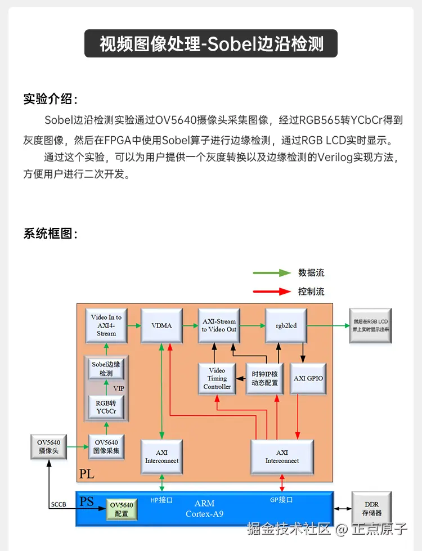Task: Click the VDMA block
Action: (x=161, y=325)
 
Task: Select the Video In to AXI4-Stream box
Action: (x=106, y=325)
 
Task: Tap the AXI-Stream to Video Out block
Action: (x=219, y=325)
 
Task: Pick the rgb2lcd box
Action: (x=286, y=325)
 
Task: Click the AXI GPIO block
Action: (x=308, y=378)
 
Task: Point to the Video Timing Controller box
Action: (x=217, y=378)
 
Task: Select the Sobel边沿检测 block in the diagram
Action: (x=106, y=369)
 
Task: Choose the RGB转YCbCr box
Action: (x=106, y=407)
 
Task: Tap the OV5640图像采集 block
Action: (x=106, y=447)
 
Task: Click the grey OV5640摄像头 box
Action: (x=49, y=447)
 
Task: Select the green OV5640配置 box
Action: (x=122, y=509)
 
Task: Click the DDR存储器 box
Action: (x=372, y=509)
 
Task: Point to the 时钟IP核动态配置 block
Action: (x=265, y=378)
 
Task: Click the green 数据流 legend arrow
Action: (x=271, y=273)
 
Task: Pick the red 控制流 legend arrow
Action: (x=271, y=292)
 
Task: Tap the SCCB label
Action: (x=58, y=504)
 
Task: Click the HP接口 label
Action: (x=161, y=500)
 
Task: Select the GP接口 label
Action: (x=282, y=500)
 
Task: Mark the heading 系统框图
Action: (x=50, y=234)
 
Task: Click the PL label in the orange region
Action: (x=87, y=474)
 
